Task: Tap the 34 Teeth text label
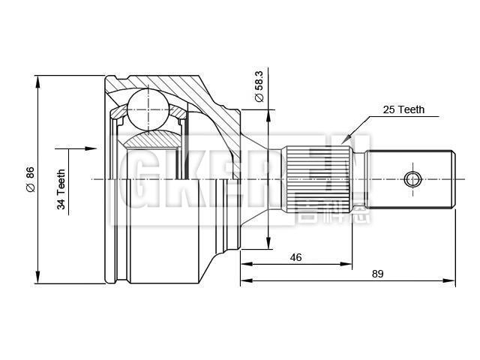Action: pyautogui.click(x=62, y=189)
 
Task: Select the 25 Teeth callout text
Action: pyautogui.click(x=403, y=109)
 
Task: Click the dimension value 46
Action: pyautogui.click(x=295, y=257)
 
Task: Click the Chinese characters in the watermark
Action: pyautogui.click(x=322, y=212)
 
